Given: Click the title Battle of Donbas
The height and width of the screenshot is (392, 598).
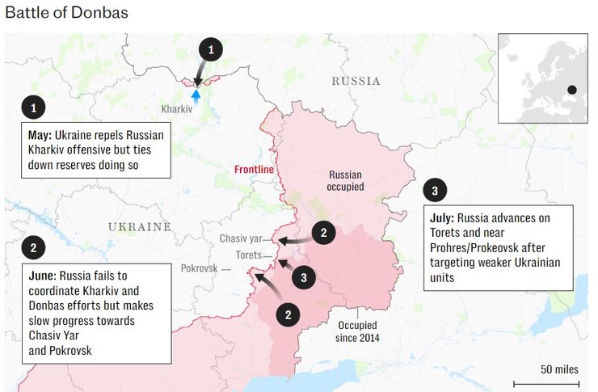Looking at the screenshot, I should (x=66, y=14).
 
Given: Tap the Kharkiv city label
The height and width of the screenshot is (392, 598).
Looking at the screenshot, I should (x=176, y=108).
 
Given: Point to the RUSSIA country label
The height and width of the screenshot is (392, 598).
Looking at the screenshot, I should (x=356, y=82).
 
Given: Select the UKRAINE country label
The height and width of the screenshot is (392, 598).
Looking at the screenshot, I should (x=140, y=226).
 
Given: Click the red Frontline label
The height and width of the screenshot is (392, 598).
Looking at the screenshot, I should (x=254, y=170).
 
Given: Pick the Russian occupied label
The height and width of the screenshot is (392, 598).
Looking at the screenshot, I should (x=346, y=181).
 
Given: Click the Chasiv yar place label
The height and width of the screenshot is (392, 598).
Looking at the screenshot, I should (x=242, y=238).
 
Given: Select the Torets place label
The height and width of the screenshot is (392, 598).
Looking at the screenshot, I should (x=248, y=255).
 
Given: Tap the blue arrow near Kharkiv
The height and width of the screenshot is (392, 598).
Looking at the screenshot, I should (x=194, y=95).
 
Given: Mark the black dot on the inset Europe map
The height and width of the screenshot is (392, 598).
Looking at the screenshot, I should (x=571, y=90).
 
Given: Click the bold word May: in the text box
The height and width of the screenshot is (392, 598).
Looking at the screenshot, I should (x=40, y=135).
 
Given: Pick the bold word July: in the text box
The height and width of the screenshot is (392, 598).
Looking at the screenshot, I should (x=444, y=218).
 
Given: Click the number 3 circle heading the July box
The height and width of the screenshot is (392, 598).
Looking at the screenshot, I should (x=435, y=191).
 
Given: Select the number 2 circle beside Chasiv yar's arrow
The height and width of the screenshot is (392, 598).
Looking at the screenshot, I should (x=323, y=233).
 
